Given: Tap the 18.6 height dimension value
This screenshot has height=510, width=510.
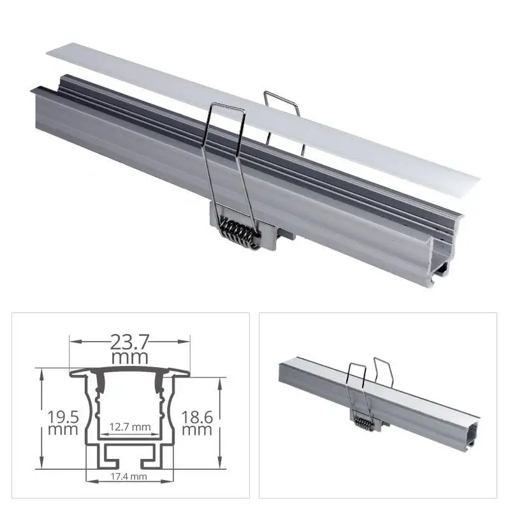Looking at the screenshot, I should pyautogui.click(x=197, y=417).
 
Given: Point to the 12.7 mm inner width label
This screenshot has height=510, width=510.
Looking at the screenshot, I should pyautogui.click(x=129, y=426).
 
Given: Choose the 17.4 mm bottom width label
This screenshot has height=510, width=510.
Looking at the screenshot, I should pyautogui.click(x=129, y=476).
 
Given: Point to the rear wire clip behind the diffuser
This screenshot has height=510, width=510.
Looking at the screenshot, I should pyautogui.click(x=284, y=115).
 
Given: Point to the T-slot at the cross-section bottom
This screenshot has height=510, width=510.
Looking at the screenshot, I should pyautogui.click(x=129, y=455).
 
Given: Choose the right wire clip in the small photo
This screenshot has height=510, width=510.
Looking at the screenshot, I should pyautogui.click(x=382, y=376).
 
